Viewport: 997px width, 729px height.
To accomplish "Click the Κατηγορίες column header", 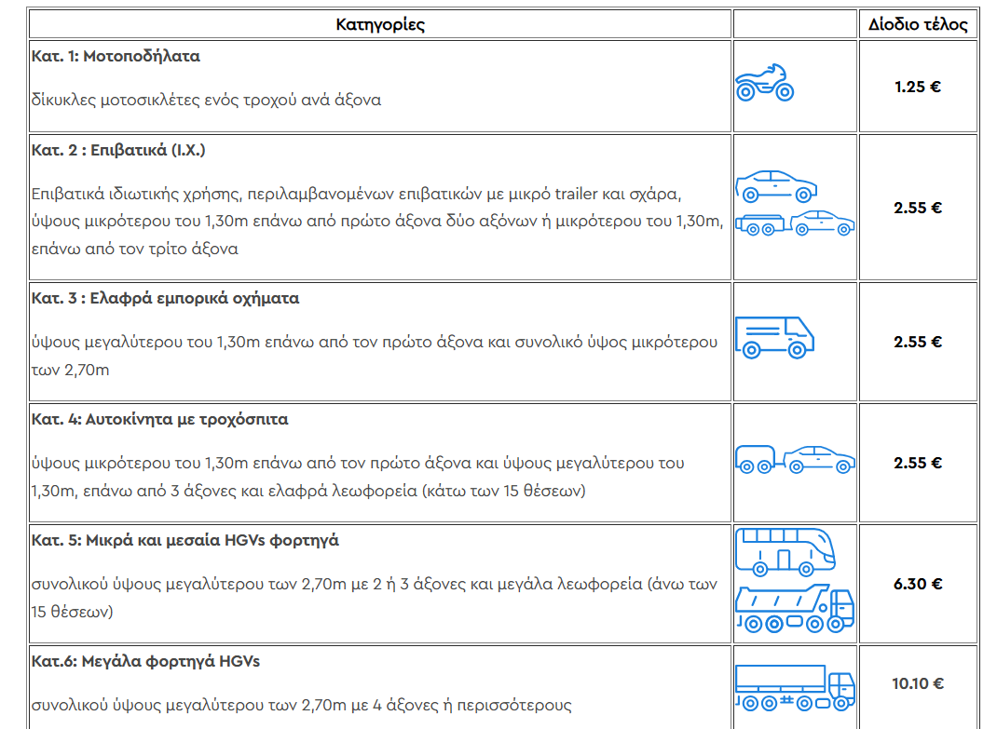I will (x=380, y=24).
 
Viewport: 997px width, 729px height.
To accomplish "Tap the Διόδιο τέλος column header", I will (x=918, y=24).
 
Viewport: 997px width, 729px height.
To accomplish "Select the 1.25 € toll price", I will (x=918, y=87).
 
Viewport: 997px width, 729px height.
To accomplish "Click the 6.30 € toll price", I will (x=918, y=584).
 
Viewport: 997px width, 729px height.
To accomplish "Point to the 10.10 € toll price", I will (x=918, y=683).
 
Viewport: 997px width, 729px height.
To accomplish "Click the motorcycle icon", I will (x=764, y=84).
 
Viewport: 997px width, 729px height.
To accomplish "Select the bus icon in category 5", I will (x=785, y=551).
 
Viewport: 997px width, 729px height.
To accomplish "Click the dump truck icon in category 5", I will (x=794, y=609).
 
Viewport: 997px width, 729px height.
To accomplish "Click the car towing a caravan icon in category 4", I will (x=795, y=458).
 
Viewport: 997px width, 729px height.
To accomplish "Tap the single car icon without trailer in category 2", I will (x=776, y=185).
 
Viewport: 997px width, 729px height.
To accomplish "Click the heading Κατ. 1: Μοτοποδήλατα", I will (x=116, y=56).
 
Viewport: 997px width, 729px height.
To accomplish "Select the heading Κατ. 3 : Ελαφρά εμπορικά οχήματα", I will (x=165, y=299).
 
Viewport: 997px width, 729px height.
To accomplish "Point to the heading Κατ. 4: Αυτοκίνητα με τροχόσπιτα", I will (x=159, y=419).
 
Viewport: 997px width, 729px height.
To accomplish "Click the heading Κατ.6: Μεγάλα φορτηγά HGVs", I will (x=145, y=662).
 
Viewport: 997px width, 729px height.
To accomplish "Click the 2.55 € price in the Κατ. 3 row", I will (x=918, y=342).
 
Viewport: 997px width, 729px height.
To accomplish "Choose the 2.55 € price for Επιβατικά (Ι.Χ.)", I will (x=918, y=208).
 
